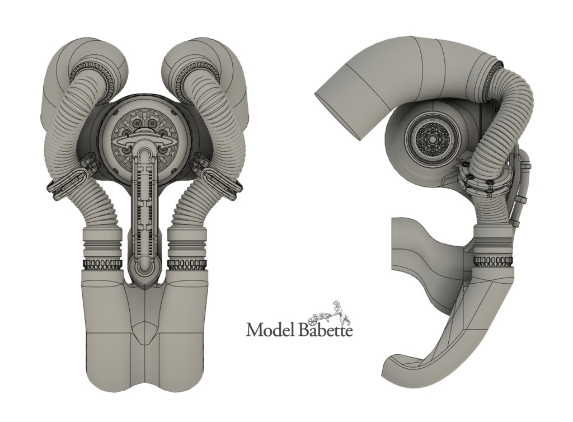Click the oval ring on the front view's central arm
[x=145, y=143]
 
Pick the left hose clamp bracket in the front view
[x=71, y=180]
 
